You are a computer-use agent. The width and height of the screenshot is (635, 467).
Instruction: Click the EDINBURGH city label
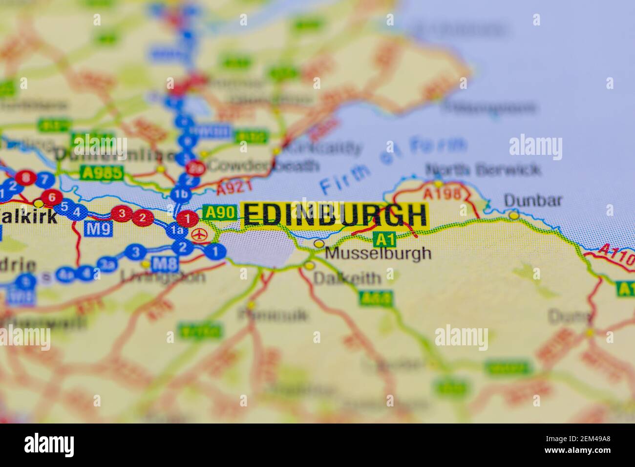[x=335, y=215]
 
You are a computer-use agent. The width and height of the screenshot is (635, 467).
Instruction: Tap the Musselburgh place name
[x=379, y=253]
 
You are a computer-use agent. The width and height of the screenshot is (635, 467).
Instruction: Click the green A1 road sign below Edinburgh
[x=384, y=239]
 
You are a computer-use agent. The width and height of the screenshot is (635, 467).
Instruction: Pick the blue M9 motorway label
[x=98, y=228]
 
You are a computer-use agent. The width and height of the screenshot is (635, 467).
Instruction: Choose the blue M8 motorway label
[x=164, y=264]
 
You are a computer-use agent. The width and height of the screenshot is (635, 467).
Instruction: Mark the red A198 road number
[x=442, y=193]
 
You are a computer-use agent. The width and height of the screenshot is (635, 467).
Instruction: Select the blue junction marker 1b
[x=181, y=195]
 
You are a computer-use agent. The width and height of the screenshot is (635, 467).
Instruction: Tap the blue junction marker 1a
[x=175, y=231]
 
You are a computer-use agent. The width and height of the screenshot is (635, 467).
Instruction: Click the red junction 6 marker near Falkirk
[x=51, y=197]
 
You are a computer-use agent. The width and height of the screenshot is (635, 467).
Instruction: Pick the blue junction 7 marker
[x=44, y=180]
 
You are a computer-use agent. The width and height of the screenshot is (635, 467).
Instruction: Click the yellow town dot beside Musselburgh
[x=319, y=243]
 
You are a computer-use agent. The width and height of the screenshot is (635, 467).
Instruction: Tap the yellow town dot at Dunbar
[x=513, y=215]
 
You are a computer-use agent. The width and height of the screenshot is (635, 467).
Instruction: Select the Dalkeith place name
[x=347, y=278]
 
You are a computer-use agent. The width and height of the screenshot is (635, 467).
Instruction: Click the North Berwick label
[x=483, y=170]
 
